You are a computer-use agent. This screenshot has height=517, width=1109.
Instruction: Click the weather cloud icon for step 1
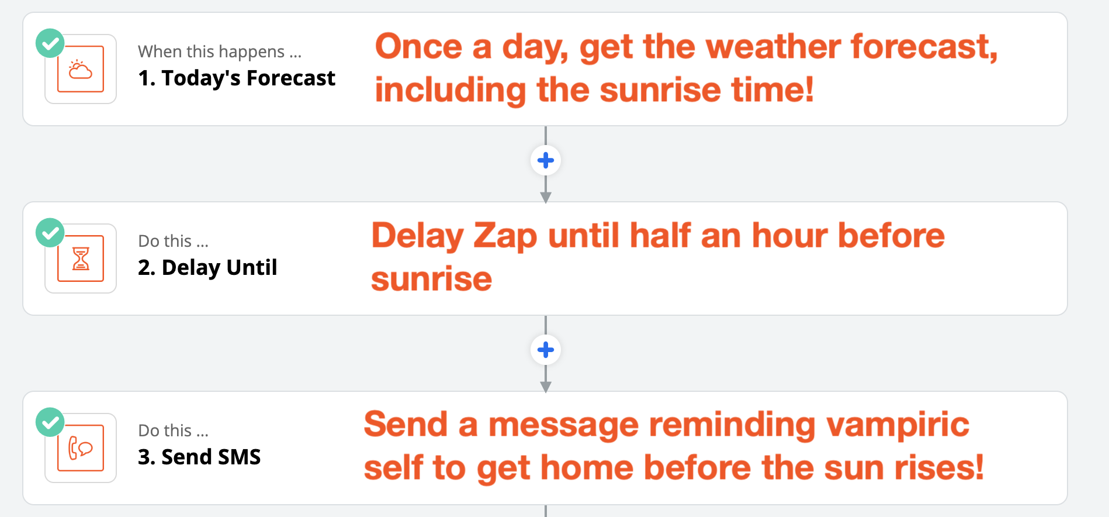click(x=81, y=69)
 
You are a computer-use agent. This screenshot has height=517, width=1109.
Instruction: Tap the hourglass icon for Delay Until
click(x=81, y=258)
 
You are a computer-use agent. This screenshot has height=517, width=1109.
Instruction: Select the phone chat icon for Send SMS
click(x=81, y=448)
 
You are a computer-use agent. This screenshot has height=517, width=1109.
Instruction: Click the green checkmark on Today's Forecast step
click(x=50, y=43)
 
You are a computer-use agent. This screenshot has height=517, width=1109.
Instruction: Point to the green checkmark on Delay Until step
click(x=50, y=233)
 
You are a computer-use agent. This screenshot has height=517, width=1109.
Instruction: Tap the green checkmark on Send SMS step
click(x=50, y=422)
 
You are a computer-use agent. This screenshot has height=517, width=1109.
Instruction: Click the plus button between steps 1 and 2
click(x=546, y=160)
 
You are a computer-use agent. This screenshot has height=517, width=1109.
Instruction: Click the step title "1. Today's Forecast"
click(x=237, y=78)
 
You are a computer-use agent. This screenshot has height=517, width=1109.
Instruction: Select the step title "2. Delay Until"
click(x=207, y=268)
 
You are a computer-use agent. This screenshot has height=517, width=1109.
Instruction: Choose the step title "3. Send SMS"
click(x=199, y=457)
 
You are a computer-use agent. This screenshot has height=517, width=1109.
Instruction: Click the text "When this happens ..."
click(x=220, y=51)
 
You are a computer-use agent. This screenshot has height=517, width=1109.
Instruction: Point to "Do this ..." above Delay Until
click(x=174, y=241)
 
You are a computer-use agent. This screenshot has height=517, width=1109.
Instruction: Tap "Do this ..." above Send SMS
click(x=174, y=430)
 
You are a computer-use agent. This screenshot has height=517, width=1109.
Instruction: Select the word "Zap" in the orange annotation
click(x=505, y=236)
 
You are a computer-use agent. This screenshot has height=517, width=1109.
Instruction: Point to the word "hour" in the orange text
click(x=788, y=236)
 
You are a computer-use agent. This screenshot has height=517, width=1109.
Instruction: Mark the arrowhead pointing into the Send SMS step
click(x=546, y=387)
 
